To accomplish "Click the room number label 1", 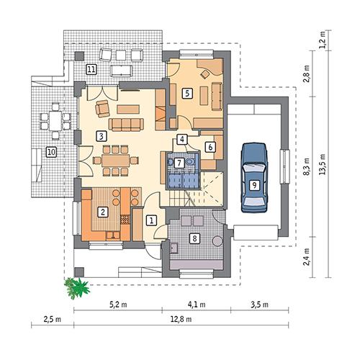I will (x=151, y=220).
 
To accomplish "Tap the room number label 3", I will (x=102, y=135).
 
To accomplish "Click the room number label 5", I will (x=186, y=92).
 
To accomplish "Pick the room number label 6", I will (x=210, y=147).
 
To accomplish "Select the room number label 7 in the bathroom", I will (x=178, y=163).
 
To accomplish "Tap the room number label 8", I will (x=194, y=238).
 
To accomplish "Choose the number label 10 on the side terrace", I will (x=50, y=152).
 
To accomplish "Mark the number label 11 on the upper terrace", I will (x=91, y=69).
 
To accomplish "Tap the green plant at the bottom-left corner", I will (x=76, y=287).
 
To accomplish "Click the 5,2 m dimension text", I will (x=119, y=305).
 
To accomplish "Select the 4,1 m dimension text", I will (x=197, y=305).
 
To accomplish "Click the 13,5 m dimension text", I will (x=327, y=168).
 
